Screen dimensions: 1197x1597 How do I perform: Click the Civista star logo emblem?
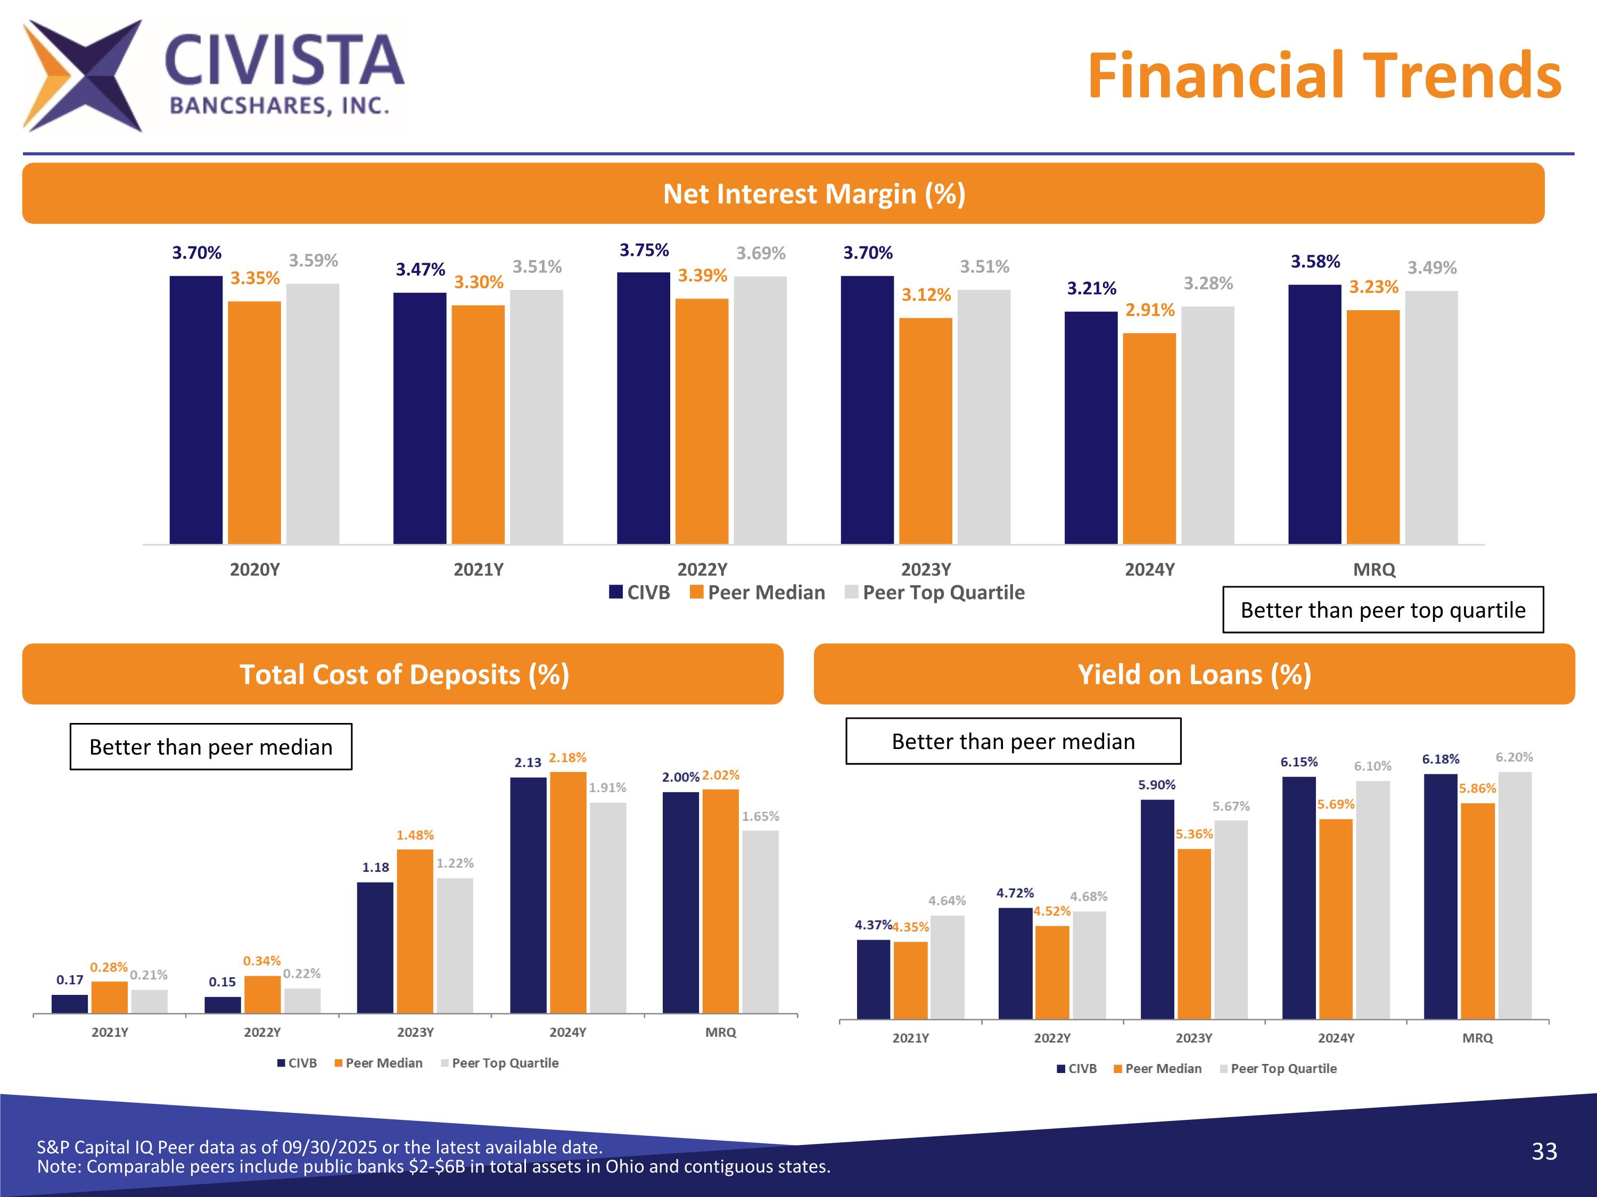(x=83, y=76)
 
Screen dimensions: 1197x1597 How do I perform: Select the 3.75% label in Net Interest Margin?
(x=644, y=251)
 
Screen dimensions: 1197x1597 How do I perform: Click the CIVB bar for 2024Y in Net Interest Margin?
(x=1091, y=427)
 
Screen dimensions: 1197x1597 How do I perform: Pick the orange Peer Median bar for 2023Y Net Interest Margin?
(x=926, y=431)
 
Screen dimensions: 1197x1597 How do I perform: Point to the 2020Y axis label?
(x=255, y=570)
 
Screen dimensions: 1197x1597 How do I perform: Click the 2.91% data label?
(x=1150, y=310)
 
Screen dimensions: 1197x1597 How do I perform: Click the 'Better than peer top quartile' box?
(x=1382, y=610)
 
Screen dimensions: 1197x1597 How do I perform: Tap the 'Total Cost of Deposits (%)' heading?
(x=404, y=675)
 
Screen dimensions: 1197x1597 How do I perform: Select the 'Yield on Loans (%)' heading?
(x=1194, y=675)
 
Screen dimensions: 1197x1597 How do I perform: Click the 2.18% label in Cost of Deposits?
(x=567, y=758)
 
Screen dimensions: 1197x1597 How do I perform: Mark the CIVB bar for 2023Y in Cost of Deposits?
(x=375, y=947)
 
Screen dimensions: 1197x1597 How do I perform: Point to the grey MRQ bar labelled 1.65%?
(x=760, y=921)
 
